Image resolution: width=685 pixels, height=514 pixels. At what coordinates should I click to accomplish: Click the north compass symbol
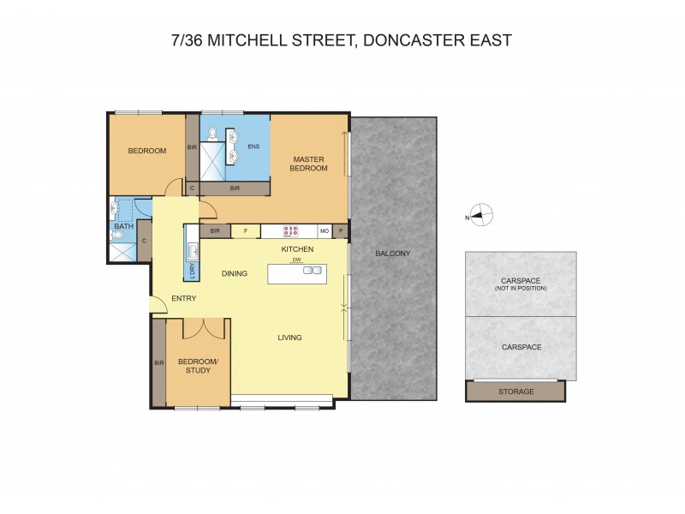(x=481, y=216)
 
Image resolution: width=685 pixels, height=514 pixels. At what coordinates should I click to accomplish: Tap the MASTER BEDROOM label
(x=310, y=164)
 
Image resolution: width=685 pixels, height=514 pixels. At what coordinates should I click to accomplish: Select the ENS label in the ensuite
(x=253, y=146)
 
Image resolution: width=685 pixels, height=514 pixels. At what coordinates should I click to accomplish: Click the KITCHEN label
(x=298, y=248)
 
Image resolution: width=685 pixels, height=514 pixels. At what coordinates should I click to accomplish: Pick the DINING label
(x=234, y=274)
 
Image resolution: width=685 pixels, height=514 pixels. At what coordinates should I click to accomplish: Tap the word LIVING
(x=289, y=338)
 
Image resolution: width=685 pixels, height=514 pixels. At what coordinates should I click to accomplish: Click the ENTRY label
(x=184, y=298)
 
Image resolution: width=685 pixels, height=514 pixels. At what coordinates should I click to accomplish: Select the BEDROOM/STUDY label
(x=199, y=366)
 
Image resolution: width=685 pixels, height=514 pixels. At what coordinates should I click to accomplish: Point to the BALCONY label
(x=393, y=253)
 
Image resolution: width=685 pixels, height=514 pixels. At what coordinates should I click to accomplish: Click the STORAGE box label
(x=515, y=391)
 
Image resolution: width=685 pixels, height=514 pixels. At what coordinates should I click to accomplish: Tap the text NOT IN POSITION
(x=521, y=288)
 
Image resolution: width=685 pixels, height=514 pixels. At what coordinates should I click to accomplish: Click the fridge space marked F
(x=246, y=230)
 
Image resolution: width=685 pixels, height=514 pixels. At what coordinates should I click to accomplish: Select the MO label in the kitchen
(x=325, y=230)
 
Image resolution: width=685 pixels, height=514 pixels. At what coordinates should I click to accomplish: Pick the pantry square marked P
(x=341, y=230)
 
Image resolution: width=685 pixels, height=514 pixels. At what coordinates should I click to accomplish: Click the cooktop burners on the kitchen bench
(x=290, y=230)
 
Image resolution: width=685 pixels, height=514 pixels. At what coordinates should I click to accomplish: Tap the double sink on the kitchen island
(x=313, y=271)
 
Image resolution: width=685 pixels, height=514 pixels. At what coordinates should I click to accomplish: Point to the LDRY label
(x=192, y=270)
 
